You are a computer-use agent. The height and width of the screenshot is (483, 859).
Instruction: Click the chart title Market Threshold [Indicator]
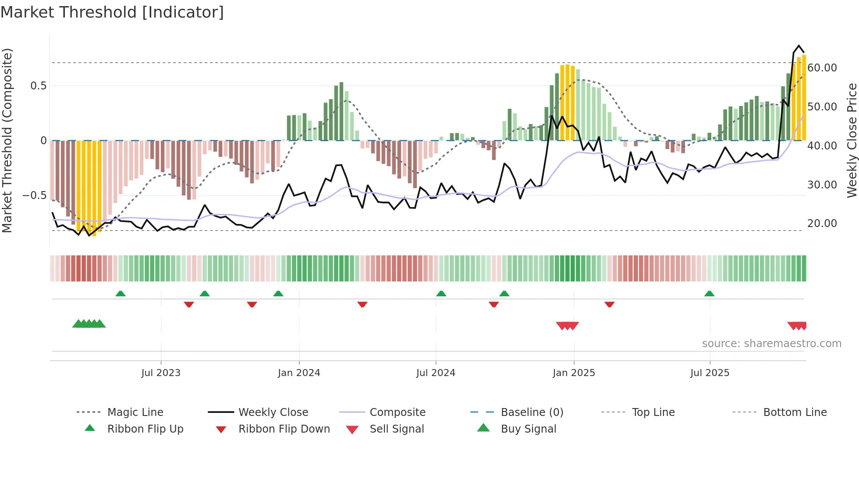click(x=112, y=12)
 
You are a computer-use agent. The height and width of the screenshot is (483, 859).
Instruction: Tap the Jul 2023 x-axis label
click(x=161, y=373)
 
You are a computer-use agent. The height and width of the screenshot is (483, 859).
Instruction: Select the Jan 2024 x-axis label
click(x=299, y=373)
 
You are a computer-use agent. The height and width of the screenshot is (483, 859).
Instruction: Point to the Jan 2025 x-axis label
click(x=574, y=373)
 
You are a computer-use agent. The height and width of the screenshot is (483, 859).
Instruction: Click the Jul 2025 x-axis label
click(x=710, y=373)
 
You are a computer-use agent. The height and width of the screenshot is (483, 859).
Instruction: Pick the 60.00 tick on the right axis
click(x=822, y=68)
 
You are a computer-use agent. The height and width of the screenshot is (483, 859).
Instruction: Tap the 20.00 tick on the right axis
click(x=822, y=224)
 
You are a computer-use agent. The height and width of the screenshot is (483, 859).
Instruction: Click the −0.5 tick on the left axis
click(x=34, y=195)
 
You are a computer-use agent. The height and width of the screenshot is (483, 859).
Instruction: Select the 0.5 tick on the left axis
click(x=38, y=86)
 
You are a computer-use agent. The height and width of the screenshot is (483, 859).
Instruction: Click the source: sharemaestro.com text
click(x=771, y=344)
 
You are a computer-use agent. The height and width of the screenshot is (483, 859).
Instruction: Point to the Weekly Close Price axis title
click(x=852, y=140)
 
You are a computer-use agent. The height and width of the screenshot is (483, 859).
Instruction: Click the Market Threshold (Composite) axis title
click(x=7, y=140)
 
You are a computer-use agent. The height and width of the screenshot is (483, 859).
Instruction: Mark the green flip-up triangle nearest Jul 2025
click(x=709, y=294)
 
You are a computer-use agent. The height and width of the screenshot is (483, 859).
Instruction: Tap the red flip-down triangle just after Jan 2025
click(x=609, y=304)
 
